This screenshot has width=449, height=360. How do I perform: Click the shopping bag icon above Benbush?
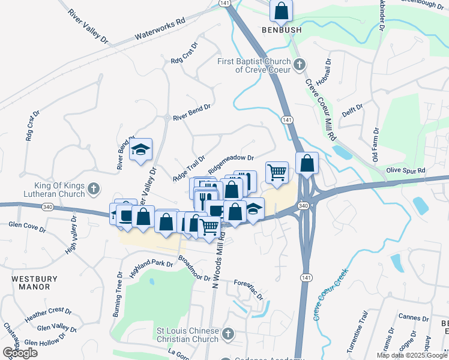[x=281, y=10]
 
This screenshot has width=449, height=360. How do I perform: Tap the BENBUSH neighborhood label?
[x=281, y=29]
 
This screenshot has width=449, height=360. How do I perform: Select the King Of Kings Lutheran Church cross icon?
[x=93, y=190]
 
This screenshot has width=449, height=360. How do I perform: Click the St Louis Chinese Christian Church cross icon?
[x=227, y=334]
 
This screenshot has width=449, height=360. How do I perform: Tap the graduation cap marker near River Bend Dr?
[x=140, y=150]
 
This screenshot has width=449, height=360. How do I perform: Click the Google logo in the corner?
[x=20, y=353]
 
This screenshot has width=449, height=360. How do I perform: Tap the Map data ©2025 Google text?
[x=412, y=355]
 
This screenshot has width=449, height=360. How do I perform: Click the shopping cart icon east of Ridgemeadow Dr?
[x=277, y=172]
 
